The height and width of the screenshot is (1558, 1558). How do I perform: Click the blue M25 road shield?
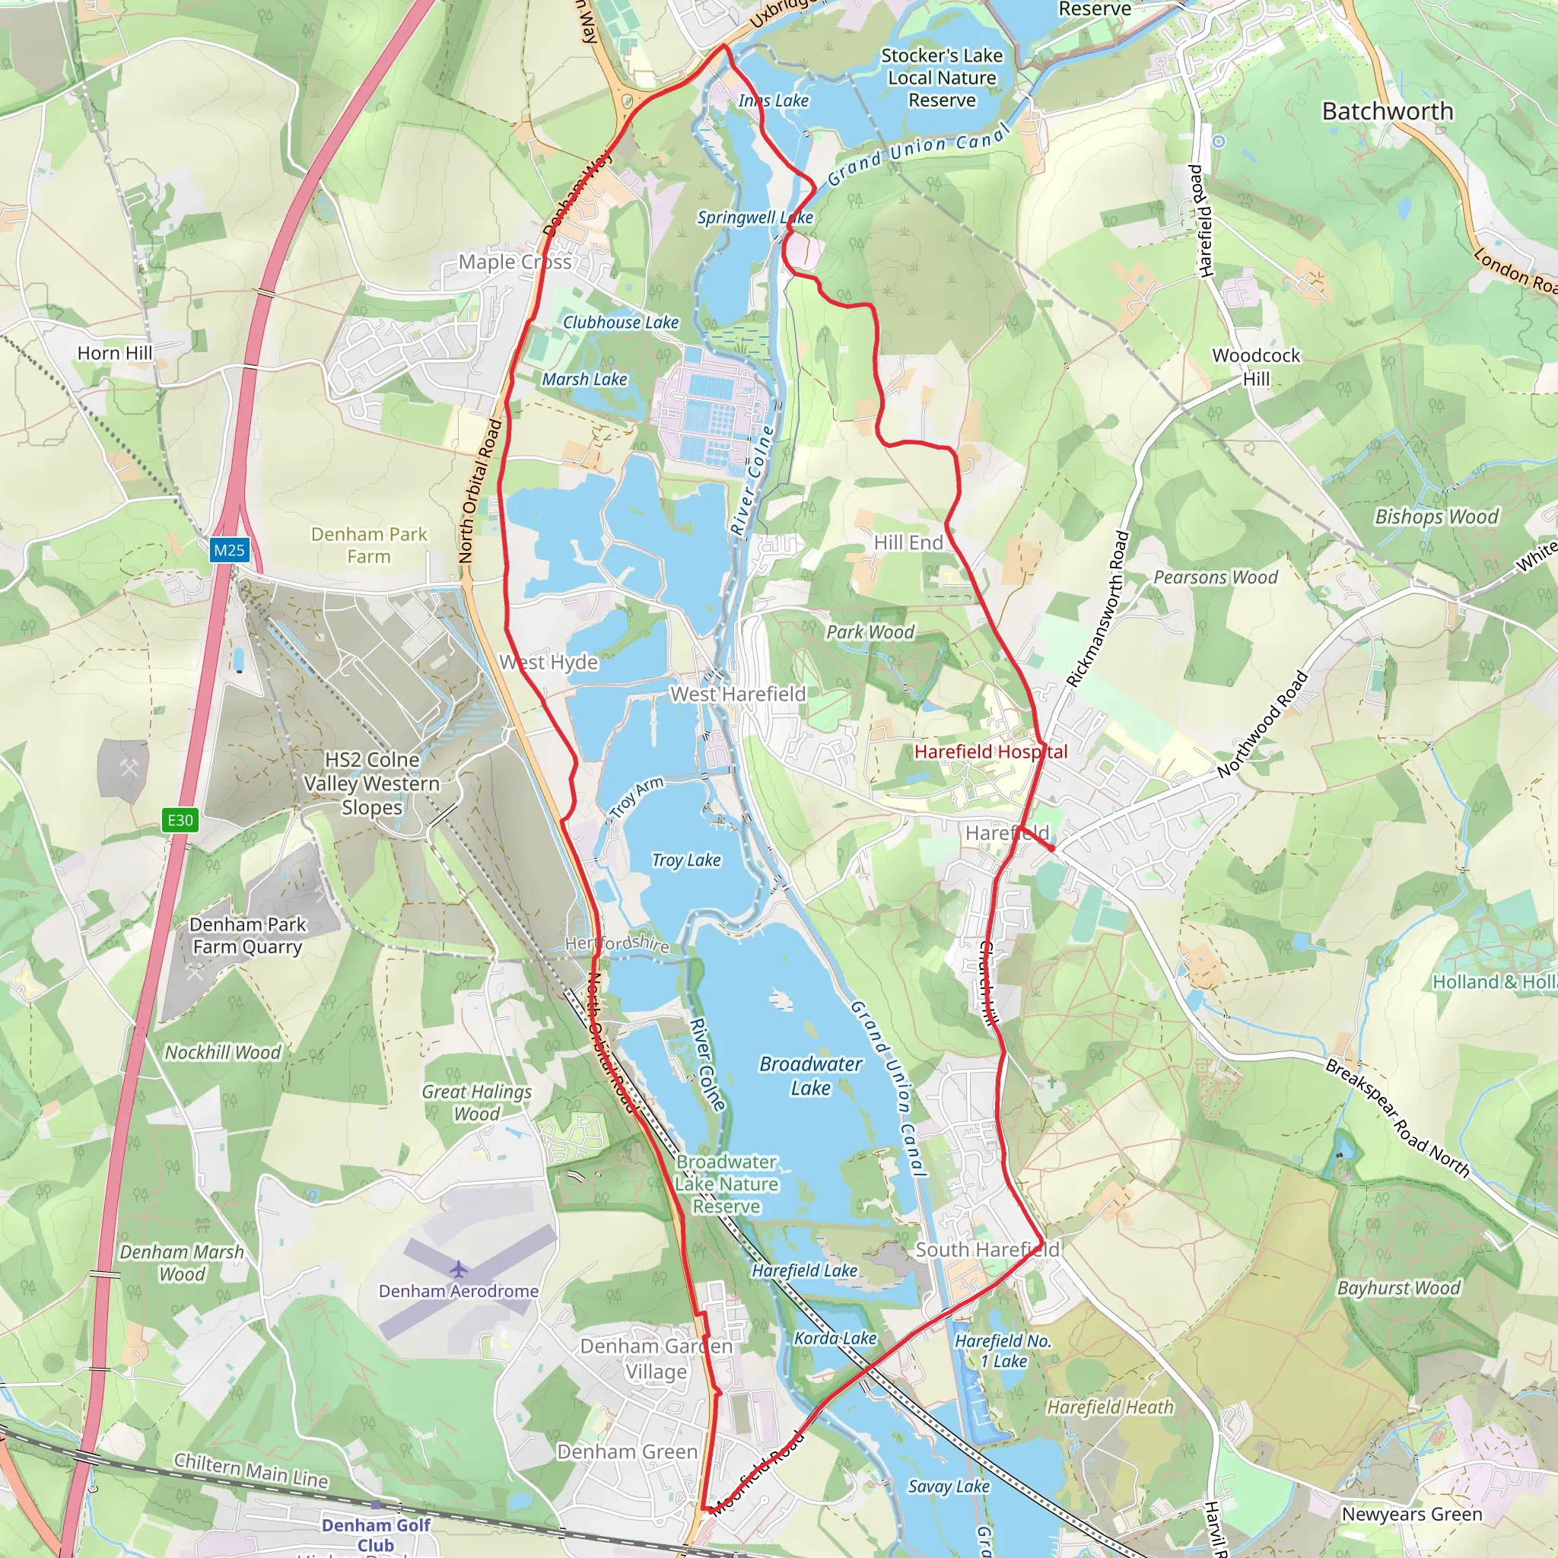[x=229, y=551]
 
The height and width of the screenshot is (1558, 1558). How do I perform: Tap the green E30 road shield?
[x=180, y=820]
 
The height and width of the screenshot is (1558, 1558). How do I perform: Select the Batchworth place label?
[x=1387, y=111]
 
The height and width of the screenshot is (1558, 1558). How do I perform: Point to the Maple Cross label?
[x=514, y=262]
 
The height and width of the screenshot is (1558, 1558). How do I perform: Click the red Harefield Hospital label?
[x=990, y=752]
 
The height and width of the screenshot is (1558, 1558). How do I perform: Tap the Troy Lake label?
[x=686, y=860]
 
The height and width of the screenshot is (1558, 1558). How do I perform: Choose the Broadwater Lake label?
[x=810, y=1076]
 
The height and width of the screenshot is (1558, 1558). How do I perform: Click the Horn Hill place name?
[x=115, y=353]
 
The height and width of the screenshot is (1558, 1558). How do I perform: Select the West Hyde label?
[x=549, y=663]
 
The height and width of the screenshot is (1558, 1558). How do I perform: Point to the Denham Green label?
[x=628, y=1451]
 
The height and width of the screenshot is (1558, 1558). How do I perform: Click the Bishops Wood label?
[x=1436, y=517]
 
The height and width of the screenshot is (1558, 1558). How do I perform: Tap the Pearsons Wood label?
[x=1215, y=577]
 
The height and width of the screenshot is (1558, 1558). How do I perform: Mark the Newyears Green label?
[x=1411, y=1515]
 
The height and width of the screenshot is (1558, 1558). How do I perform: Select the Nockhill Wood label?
[x=223, y=1052]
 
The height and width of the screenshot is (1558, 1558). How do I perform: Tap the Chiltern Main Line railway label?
[x=252, y=1470]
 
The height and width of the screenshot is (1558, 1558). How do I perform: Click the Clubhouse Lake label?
[x=621, y=323]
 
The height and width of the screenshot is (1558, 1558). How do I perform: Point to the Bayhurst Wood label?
[x=1398, y=1288]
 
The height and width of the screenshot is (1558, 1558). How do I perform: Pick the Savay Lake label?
[x=949, y=1486]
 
